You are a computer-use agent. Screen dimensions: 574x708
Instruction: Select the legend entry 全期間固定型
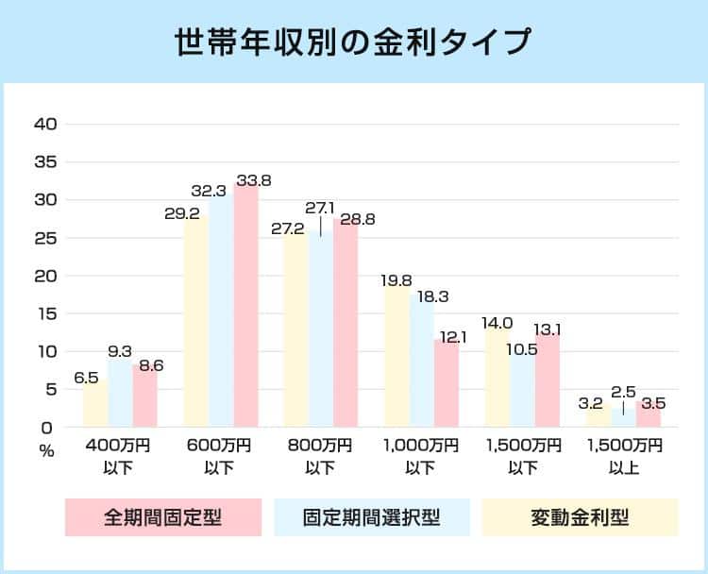point(163,517)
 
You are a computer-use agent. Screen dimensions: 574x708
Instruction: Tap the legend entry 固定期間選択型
point(372,517)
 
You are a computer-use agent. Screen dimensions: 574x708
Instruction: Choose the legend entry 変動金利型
point(580,517)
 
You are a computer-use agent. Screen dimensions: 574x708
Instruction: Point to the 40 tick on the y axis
point(46,124)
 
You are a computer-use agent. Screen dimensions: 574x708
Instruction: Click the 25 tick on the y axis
point(46,238)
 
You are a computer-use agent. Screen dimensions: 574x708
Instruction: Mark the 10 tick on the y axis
point(46,351)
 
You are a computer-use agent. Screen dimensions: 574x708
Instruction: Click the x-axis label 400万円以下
point(118,454)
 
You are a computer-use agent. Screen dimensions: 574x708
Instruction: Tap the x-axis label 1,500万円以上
point(624,454)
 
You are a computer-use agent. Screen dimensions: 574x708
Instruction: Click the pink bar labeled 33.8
point(245,307)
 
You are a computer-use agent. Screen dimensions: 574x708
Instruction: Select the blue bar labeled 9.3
point(120,395)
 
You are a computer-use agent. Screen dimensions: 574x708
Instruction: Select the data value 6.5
point(86,378)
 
